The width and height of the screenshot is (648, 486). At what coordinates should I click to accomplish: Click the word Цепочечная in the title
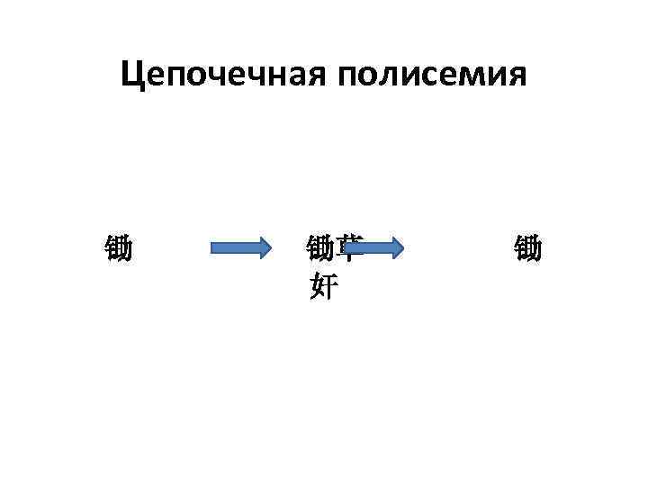click(x=224, y=76)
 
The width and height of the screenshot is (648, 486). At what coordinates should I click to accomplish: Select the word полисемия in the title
click(x=433, y=76)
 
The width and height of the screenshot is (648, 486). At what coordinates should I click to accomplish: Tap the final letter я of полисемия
click(x=516, y=77)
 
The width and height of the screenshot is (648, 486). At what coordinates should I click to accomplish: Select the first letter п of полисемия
click(x=351, y=77)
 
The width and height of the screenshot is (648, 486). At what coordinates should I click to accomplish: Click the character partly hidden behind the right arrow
click(x=350, y=243)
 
